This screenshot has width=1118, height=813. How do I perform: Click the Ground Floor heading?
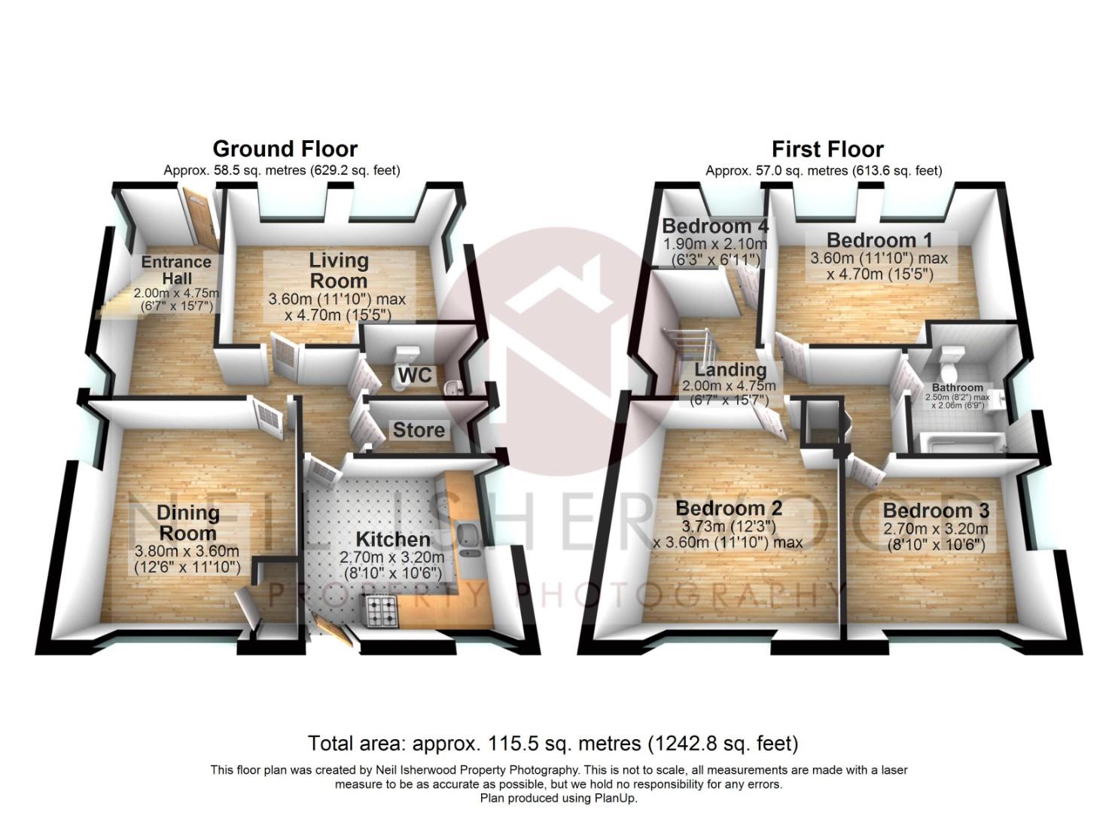[285, 149]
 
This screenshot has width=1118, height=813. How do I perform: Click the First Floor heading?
[827, 149]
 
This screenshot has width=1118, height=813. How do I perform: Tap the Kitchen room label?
[393, 540]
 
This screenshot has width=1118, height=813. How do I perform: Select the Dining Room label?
[187, 522]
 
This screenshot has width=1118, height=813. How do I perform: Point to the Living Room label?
[338, 270]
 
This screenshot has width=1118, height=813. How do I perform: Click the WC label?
[415, 374]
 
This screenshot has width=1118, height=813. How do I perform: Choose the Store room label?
[419, 430]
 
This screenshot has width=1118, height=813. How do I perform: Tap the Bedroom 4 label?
[714, 226]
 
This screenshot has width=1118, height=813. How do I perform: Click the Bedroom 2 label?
[729, 509]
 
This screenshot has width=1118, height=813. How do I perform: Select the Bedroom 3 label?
[936, 510]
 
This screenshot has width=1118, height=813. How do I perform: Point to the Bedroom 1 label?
[879, 240]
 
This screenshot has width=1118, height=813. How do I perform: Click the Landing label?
[730, 370]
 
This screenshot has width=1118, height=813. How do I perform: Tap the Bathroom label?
[958, 387]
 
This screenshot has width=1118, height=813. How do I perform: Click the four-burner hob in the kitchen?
[382, 611]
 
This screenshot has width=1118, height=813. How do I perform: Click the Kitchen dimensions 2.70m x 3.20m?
[391, 557]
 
